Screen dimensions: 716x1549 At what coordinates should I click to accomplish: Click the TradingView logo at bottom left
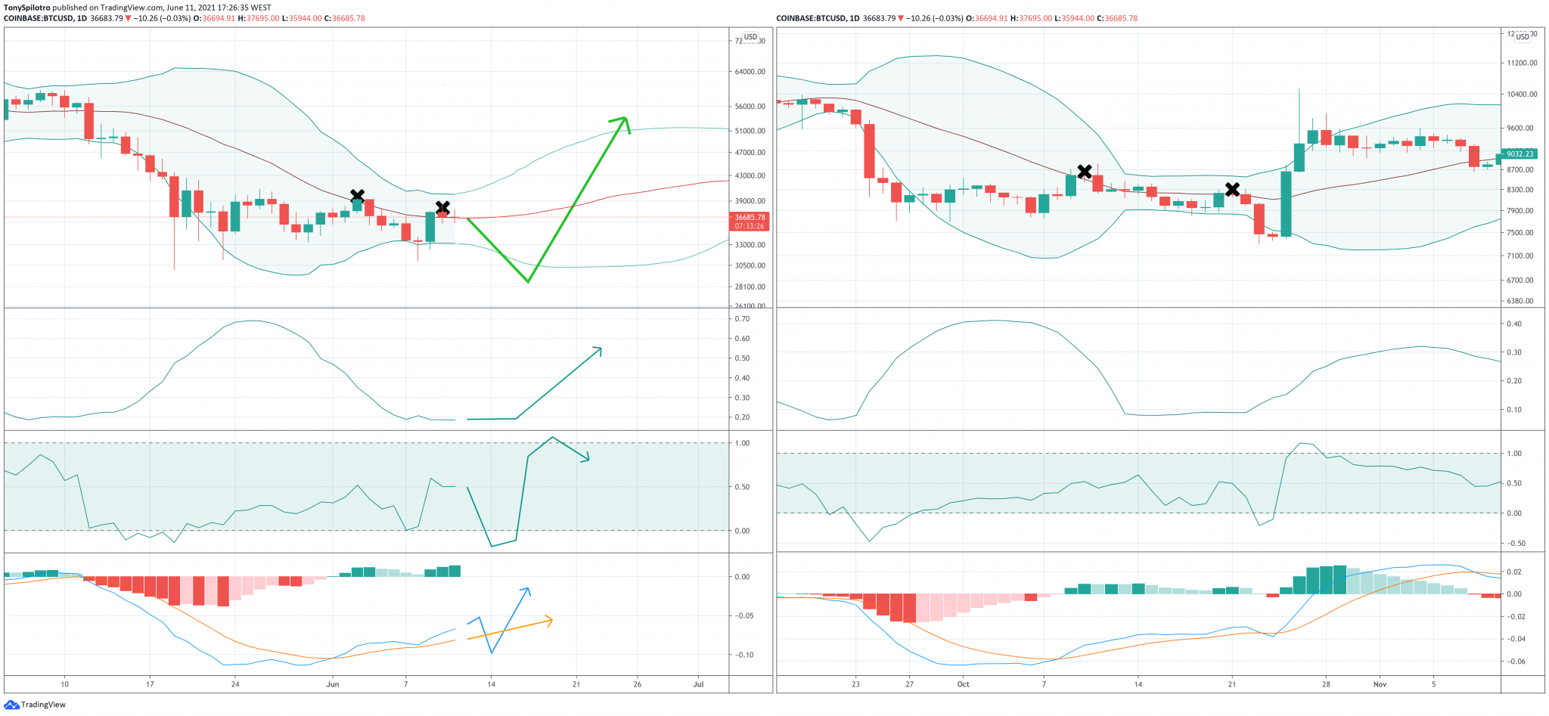[11, 705]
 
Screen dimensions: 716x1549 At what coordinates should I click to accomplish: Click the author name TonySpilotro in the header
[26, 8]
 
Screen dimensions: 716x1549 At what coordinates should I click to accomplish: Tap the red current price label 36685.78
[750, 218]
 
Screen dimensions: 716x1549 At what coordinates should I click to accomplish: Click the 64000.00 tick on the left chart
[750, 72]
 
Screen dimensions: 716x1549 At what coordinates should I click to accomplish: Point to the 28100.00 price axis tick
[750, 287]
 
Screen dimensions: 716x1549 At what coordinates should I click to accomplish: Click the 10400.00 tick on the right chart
[1522, 95]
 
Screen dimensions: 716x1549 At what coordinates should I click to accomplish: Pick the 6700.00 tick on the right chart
[1520, 281]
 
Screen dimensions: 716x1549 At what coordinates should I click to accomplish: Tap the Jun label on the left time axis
[333, 684]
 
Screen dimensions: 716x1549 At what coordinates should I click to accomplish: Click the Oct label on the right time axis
[963, 684]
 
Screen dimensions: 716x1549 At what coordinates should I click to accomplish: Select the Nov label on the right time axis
[1380, 684]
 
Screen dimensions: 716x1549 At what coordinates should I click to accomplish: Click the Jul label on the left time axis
[698, 684]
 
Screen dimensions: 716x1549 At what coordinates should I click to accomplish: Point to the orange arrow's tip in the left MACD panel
[551, 621]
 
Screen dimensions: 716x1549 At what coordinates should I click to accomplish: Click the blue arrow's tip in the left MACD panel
[527, 590]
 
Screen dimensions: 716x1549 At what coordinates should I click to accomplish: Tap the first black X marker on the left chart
[357, 197]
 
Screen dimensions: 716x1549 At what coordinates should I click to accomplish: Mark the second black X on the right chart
[1232, 189]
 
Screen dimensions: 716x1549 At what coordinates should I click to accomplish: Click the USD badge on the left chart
[750, 37]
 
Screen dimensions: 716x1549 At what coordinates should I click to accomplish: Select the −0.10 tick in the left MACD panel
[745, 655]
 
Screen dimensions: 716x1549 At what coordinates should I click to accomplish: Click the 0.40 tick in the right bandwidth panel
[1514, 324]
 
